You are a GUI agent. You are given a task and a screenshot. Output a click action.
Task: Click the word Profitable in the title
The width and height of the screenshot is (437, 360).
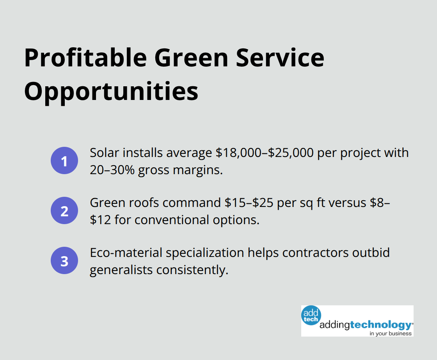[85, 58]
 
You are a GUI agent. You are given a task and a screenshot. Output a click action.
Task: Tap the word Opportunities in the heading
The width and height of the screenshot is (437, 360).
[111, 91]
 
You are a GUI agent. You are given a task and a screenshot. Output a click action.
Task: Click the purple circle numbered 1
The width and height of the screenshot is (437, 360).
[64, 160]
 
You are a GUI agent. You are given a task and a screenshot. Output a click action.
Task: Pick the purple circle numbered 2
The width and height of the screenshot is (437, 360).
[64, 210]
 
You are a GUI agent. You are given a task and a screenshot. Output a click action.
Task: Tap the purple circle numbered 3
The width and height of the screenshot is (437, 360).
[64, 260]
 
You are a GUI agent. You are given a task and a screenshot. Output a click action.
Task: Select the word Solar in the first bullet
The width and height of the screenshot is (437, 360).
[102, 153]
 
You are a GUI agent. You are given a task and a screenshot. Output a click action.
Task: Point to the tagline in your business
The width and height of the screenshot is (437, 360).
[391, 333]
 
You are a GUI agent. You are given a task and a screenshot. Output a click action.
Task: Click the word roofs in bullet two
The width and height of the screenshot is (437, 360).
[145, 203]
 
